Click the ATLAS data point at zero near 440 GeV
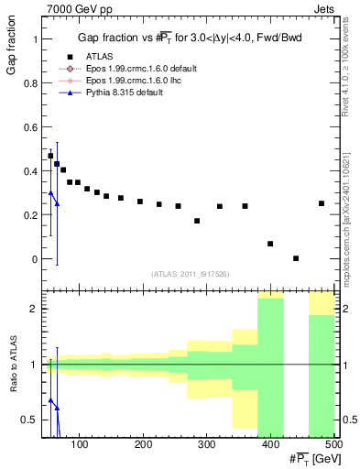[296, 258]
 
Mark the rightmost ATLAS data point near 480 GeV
[322, 203]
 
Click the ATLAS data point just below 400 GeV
[270, 244]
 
